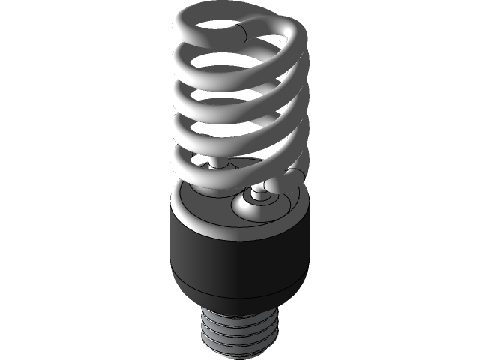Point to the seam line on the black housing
pos(240,289)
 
